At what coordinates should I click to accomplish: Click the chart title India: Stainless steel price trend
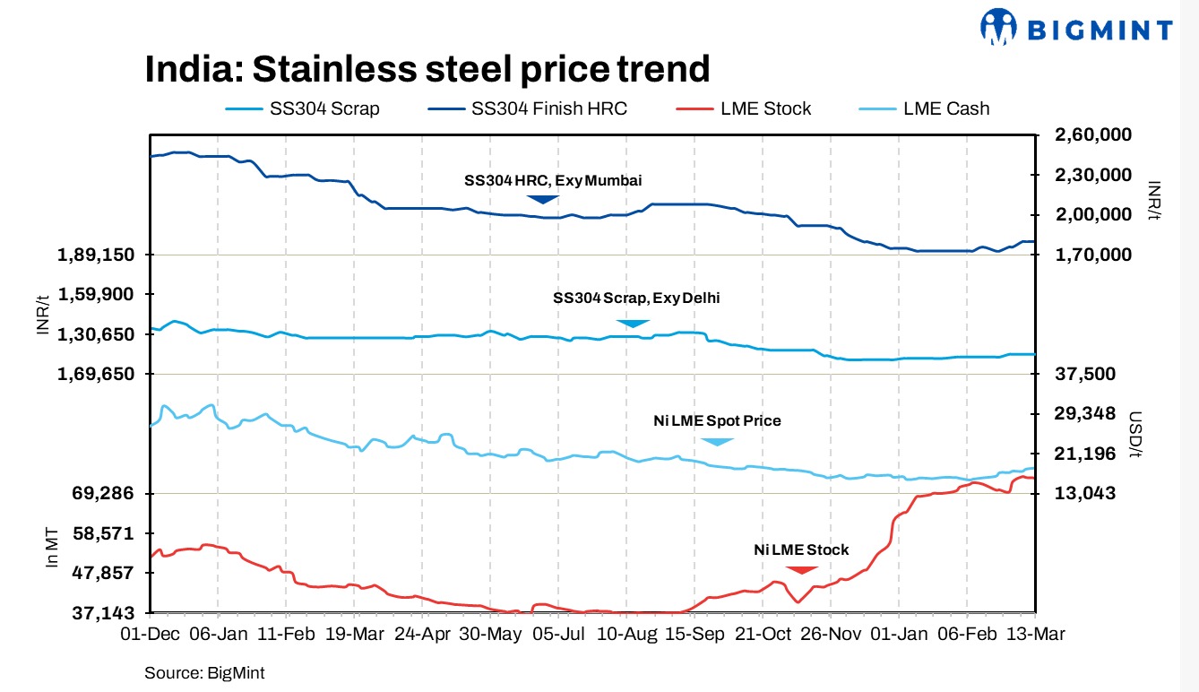[x=427, y=69]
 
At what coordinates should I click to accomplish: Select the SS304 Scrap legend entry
[x=303, y=108]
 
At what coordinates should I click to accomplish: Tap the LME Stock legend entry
[x=744, y=108]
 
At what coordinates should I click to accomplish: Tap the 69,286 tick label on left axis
[x=102, y=494]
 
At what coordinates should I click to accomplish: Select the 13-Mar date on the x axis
[x=1034, y=634]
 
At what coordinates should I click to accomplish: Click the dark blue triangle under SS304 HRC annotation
[x=542, y=198]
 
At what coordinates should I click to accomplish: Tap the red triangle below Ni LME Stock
[x=801, y=569]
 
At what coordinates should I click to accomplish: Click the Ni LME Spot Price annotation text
[x=716, y=420]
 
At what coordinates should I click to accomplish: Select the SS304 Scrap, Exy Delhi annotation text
[x=636, y=298]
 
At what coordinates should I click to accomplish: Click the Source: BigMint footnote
[x=204, y=671]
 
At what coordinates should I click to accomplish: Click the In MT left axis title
[x=52, y=549]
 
